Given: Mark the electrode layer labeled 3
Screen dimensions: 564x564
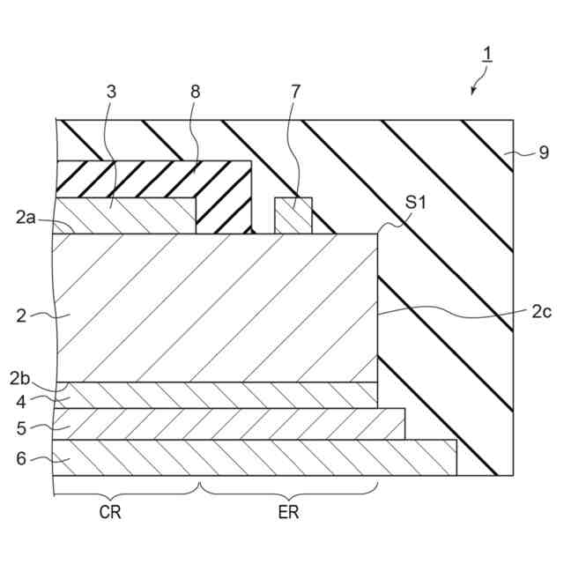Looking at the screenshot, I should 123,216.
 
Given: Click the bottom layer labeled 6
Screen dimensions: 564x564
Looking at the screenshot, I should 256,456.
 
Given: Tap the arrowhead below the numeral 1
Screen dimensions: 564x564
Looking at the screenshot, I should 474,91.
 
